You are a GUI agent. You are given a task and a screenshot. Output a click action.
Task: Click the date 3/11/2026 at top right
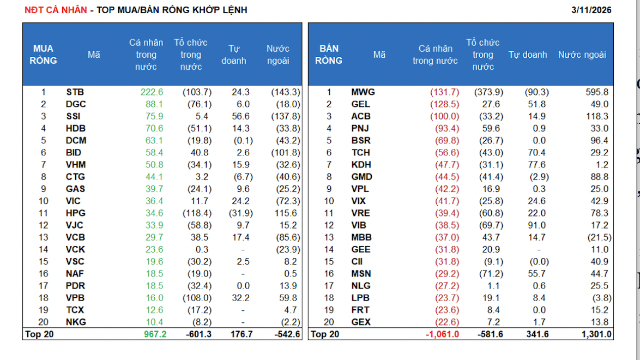click(591, 10)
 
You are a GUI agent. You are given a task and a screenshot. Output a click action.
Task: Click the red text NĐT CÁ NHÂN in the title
click(56, 10)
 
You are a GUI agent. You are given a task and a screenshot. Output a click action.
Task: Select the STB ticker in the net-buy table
click(75, 92)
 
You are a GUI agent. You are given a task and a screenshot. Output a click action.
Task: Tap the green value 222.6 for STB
click(152, 92)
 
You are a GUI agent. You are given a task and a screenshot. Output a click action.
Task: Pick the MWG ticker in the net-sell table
click(363, 92)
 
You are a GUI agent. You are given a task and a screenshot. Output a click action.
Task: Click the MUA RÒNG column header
click(43, 55)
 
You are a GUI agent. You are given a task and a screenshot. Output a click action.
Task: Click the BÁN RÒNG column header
click(329, 55)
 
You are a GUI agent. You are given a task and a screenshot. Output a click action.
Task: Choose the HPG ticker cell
click(75, 213)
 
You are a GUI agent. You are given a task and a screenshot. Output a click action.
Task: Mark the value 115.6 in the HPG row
click(288, 213)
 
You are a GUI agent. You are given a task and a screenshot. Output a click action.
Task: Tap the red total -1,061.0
click(442, 334)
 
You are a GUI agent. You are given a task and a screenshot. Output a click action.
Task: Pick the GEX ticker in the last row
click(361, 322)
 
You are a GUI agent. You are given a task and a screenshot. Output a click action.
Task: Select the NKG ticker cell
click(75, 322)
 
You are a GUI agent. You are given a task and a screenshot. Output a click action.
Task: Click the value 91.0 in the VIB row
click(536, 225)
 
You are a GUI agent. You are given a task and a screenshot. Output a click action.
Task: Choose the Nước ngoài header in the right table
click(582, 55)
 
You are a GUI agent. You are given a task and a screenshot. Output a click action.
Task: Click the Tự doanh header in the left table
click(233, 55)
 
